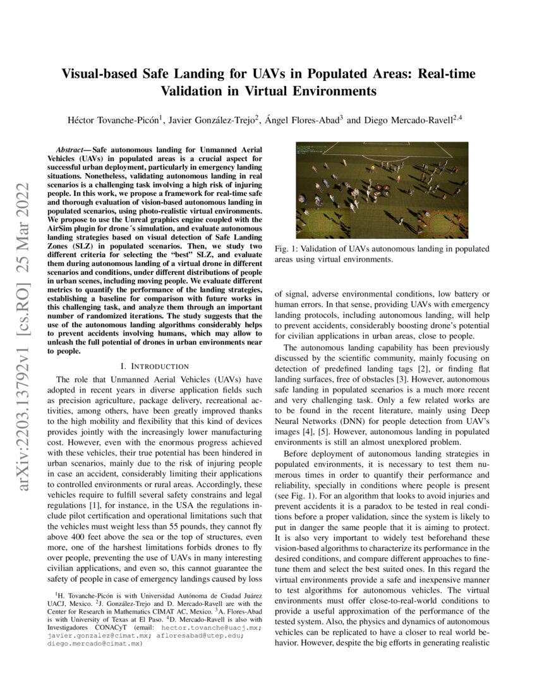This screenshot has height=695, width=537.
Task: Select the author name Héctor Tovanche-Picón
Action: (114, 119)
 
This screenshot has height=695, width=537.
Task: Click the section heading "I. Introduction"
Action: (154, 366)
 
